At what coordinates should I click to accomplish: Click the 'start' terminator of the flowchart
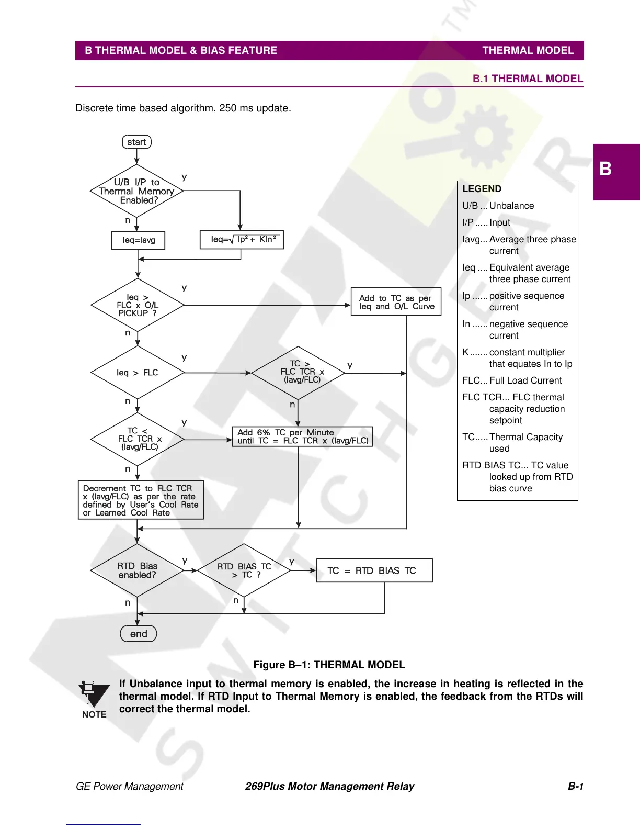tap(136, 142)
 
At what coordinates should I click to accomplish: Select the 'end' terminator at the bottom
tap(139, 634)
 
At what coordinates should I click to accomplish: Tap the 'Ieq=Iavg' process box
tap(139, 240)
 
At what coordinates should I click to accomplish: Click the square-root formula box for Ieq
tap(242, 240)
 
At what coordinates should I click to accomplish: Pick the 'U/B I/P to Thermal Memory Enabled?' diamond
tap(137, 191)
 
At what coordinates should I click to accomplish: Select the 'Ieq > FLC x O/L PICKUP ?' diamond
tap(138, 305)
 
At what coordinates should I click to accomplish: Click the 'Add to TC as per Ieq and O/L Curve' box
tap(396, 302)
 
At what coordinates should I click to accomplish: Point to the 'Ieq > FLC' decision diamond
tap(138, 373)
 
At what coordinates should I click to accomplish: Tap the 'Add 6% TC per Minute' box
tap(302, 436)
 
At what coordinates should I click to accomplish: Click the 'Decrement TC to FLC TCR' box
tap(141, 500)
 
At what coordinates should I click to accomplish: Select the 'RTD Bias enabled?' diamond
tap(137, 570)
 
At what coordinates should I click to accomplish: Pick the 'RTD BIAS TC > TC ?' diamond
tap(244, 570)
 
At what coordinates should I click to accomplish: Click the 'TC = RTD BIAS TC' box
tap(374, 570)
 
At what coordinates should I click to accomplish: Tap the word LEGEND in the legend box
tap(482, 189)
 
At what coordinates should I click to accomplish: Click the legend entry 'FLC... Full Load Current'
tap(512, 380)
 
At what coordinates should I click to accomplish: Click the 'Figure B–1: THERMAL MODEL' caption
tap(329, 665)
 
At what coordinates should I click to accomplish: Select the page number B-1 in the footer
tap(575, 786)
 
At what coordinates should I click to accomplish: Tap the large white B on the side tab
tap(605, 169)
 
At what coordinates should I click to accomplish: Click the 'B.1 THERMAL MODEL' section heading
tap(528, 79)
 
